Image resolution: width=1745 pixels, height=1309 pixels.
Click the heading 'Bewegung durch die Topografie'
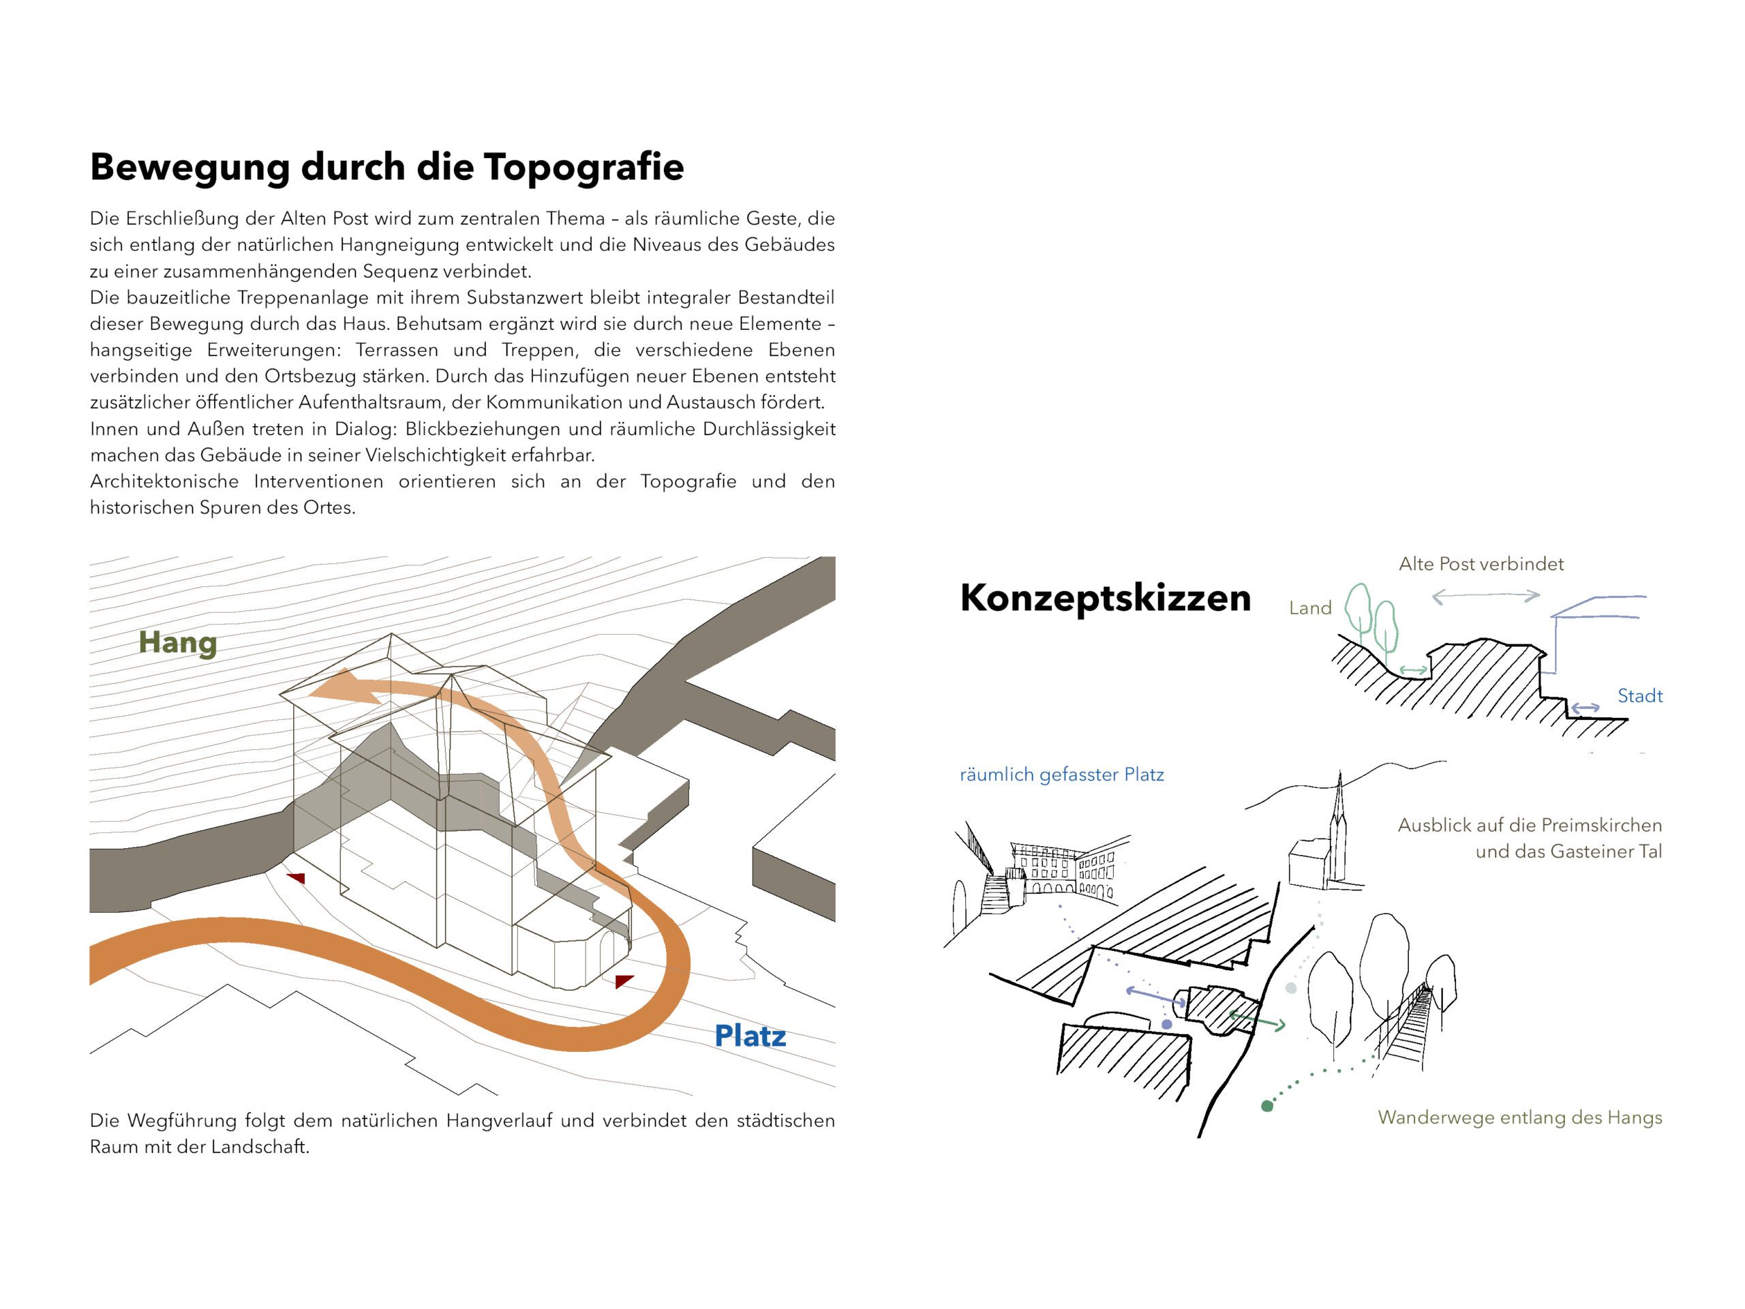click(386, 167)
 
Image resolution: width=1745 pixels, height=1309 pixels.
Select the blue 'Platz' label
click(749, 1036)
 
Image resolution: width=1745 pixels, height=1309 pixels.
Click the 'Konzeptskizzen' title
click(1105, 598)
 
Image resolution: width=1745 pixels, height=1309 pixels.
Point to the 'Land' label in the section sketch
click(1310, 607)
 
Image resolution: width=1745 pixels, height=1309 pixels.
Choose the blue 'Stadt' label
click(1639, 696)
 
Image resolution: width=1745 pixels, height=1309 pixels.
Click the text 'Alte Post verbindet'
click(1481, 563)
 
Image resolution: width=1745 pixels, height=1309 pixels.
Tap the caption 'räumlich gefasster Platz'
click(1062, 774)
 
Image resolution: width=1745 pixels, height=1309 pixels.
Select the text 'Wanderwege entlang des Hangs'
click(1519, 1117)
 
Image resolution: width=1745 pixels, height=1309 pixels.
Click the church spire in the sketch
click(1339, 813)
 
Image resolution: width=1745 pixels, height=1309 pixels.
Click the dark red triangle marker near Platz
click(623, 981)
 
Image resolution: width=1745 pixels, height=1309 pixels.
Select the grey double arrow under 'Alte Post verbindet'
click(1485, 597)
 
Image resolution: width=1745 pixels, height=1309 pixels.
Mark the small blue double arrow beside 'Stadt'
click(1584, 708)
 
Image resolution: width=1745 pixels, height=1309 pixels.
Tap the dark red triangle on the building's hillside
click(296, 877)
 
